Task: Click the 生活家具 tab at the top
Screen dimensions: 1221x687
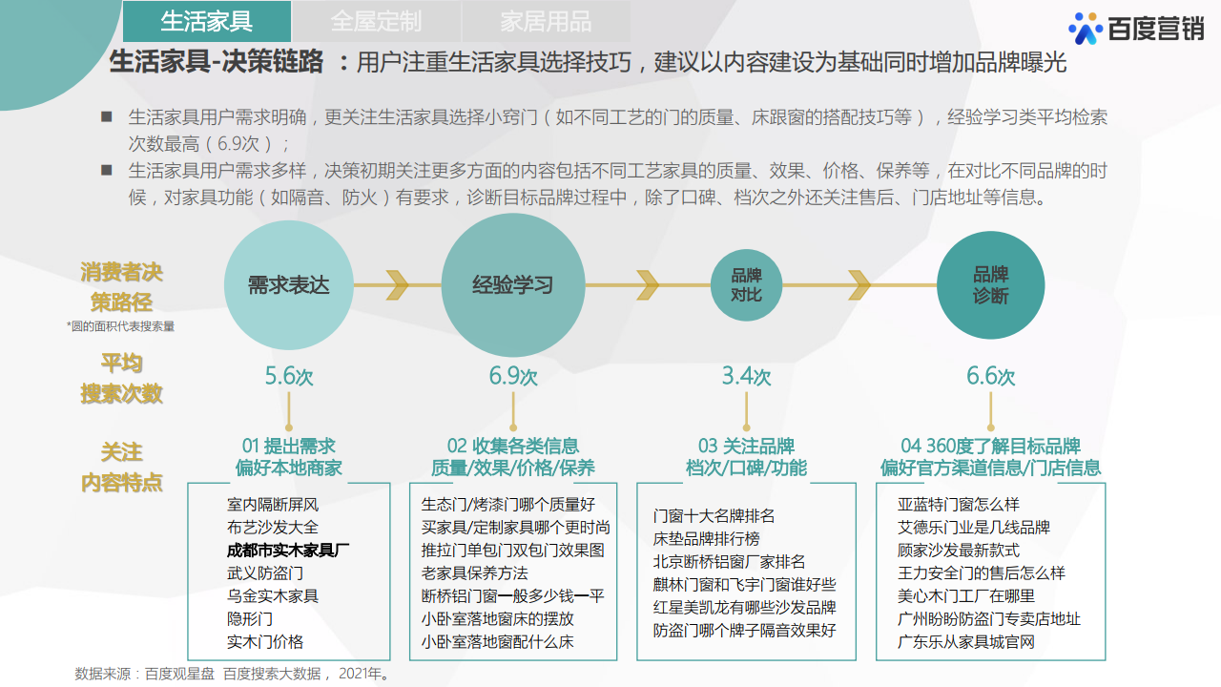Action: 207,21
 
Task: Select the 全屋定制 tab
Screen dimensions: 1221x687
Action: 376,21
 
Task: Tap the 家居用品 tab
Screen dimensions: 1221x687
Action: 546,21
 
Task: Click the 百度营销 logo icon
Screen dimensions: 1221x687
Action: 1086,29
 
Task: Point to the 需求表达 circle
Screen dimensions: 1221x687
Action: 288,285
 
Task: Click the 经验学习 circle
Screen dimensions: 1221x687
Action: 513,285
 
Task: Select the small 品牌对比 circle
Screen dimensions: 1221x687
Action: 746,285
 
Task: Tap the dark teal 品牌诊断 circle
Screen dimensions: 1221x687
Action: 990,285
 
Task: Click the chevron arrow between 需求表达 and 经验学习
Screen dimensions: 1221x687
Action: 396,284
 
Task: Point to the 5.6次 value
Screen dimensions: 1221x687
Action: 289,376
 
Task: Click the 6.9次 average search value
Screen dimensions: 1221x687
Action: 513,376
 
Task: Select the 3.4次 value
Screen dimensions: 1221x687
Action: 746,376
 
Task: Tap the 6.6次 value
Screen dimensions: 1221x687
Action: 990,376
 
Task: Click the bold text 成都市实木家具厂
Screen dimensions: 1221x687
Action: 288,551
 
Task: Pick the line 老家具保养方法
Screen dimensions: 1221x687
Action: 475,573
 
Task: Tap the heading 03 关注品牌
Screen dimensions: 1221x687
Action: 746,447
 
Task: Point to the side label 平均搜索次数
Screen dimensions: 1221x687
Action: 121,378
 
